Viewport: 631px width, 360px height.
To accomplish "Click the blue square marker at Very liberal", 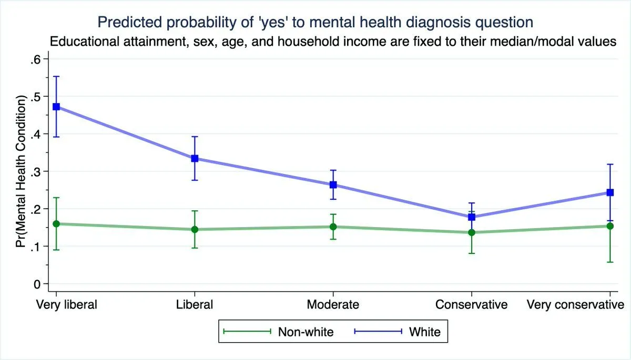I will (56, 107).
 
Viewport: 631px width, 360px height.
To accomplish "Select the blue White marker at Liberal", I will (195, 158).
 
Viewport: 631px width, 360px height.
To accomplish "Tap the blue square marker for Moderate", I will (333, 184).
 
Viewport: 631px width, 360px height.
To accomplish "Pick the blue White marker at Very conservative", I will (610, 192).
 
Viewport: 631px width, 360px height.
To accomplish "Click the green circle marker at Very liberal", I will (56, 224).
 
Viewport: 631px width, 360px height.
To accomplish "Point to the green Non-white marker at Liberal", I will (195, 229).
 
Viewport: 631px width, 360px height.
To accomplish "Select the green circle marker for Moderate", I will (333, 227).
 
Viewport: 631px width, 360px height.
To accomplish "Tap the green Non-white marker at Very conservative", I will (610, 226).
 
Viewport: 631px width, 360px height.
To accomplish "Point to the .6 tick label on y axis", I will (35, 59).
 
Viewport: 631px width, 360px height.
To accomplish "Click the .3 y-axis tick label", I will (35, 171).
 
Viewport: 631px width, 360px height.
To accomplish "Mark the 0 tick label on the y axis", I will (37, 284).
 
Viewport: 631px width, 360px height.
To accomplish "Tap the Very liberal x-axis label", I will (66, 305).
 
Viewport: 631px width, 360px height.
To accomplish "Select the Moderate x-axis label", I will (333, 305).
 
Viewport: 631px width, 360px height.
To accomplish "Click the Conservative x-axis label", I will (472, 305).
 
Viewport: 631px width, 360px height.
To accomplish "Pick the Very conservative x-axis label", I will (575, 305).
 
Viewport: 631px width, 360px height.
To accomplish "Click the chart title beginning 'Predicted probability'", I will (315, 22).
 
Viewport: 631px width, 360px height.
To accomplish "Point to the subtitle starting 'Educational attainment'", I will (333, 42).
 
